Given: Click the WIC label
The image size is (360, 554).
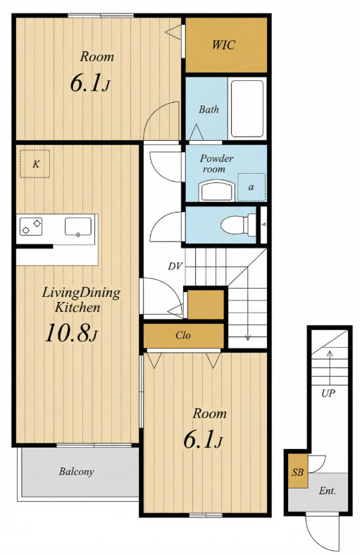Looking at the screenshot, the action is [x=223, y=45].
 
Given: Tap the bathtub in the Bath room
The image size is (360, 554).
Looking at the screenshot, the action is [x=247, y=108].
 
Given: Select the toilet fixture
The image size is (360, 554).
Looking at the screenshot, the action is [x=238, y=225].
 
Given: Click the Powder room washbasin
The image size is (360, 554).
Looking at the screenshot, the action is [x=217, y=191].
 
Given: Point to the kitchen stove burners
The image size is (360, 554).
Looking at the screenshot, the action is [x=31, y=227].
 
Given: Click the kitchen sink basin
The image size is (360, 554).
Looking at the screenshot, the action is [x=78, y=227].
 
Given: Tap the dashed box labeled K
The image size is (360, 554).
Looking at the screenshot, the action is [x=35, y=164].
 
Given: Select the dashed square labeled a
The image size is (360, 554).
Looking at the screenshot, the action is [x=251, y=187].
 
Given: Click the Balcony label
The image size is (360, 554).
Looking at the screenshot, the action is [x=76, y=472].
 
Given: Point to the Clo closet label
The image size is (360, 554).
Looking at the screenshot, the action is [x=183, y=335].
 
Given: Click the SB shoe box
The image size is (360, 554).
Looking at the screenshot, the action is [x=298, y=472].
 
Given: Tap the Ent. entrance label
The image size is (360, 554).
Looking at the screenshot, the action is [x=327, y=491].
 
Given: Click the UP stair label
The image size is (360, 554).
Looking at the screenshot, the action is [x=328, y=394].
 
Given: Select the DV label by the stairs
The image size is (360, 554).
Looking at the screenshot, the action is [x=175, y=266].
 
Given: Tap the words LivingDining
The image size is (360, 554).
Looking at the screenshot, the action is [x=81, y=293].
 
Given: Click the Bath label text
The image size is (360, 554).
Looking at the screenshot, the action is [x=209, y=109].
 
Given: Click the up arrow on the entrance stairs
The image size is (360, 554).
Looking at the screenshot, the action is [x=330, y=367].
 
